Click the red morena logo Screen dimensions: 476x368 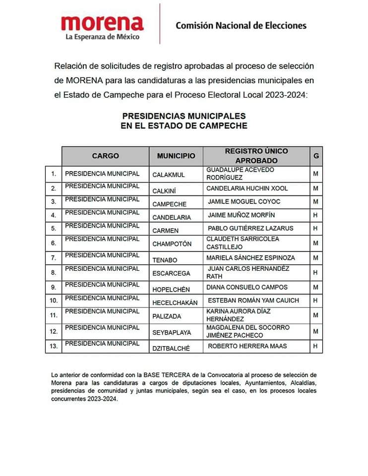pyautogui.click(x=102, y=23)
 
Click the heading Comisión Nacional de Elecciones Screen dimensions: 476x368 pyautogui.click(x=241, y=25)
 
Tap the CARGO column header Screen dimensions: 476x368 pyautogui.click(x=105, y=156)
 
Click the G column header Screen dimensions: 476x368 pyautogui.click(x=316, y=156)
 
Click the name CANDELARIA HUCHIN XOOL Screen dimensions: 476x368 pyautogui.click(x=247, y=188)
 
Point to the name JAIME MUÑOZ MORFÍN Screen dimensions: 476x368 pyautogui.click(x=241, y=215)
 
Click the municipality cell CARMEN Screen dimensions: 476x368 pyautogui.click(x=165, y=231)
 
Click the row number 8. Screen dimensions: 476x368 pyautogui.click(x=53, y=272)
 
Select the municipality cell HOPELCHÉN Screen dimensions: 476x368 pyautogui.click(x=171, y=288)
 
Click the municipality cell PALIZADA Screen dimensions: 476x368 pyautogui.click(x=167, y=316)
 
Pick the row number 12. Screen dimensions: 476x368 pyautogui.click(x=53, y=331)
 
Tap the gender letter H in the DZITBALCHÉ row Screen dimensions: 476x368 pyautogui.click(x=315, y=346)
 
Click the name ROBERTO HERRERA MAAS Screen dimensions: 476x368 pyautogui.click(x=247, y=346)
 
